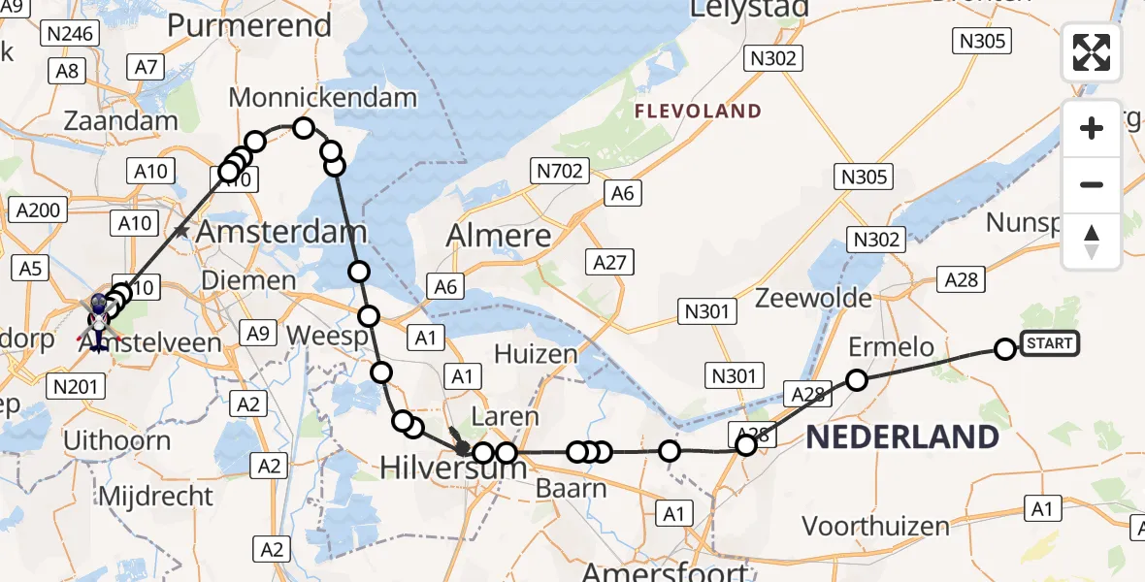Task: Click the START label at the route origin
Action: (1049, 343)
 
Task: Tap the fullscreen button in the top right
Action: (1092, 52)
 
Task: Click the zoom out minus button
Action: (1092, 184)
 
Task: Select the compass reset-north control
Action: (1092, 241)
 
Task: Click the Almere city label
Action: (499, 236)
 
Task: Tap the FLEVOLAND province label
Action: (698, 112)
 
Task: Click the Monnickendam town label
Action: (322, 98)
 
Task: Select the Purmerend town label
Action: (249, 26)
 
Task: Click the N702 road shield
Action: (560, 173)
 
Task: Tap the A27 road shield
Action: (609, 261)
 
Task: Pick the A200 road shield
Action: (39, 210)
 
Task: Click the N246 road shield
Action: (71, 35)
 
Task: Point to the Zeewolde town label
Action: (814, 298)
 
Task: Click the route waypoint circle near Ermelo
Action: (857, 379)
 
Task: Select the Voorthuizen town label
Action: (876, 527)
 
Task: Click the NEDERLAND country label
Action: (902, 437)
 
